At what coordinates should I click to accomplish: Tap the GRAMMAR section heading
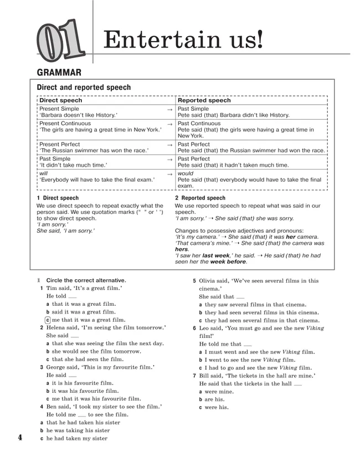(x=59, y=72)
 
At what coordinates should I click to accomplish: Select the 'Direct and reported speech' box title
(x=84, y=88)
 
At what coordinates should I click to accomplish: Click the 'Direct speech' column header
(x=60, y=101)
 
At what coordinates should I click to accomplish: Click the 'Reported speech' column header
(x=204, y=101)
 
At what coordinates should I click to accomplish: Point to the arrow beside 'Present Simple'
(x=169, y=110)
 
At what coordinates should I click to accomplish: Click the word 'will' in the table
(x=44, y=173)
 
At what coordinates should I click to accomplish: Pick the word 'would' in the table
(x=186, y=173)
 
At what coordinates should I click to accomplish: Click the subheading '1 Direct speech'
(x=58, y=198)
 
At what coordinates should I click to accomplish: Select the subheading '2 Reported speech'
(x=200, y=198)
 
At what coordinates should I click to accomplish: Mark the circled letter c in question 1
(x=48, y=320)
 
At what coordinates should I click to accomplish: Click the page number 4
(x=20, y=438)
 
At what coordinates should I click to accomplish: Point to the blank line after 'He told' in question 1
(x=73, y=297)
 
